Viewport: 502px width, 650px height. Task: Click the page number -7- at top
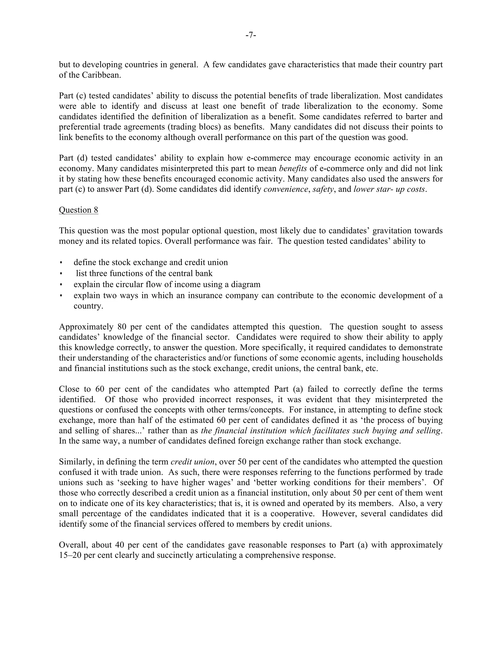251,35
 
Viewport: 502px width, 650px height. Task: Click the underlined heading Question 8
78,210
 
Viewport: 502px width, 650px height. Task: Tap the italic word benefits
293,169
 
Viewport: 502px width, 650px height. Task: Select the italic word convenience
286,189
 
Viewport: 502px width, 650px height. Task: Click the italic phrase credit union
192,462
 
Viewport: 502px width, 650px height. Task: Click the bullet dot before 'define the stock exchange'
61,262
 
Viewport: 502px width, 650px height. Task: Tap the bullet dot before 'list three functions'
61,273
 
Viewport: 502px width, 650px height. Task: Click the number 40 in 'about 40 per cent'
120,545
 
